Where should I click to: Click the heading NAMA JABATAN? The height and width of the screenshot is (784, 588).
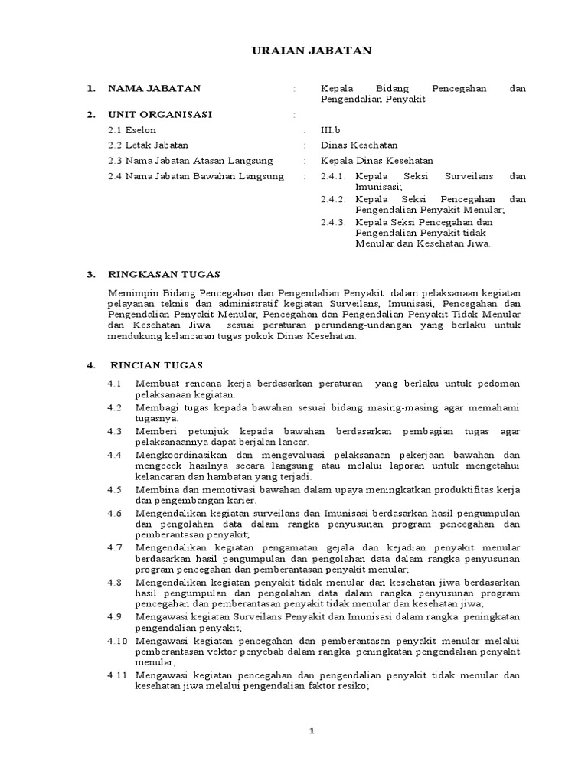pyautogui.click(x=154, y=89)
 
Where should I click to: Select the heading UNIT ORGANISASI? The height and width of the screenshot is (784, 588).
pyautogui.click(x=160, y=115)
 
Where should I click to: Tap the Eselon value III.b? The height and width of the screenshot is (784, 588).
pyautogui.click(x=331, y=130)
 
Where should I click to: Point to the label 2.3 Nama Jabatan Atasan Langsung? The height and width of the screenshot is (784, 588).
pyautogui.click(x=191, y=161)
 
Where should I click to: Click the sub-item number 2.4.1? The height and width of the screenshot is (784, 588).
pyautogui.click(x=334, y=176)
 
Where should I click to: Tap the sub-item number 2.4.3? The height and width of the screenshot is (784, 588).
pyautogui.click(x=334, y=222)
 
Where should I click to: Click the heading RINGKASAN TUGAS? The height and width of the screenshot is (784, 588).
pyautogui.click(x=164, y=273)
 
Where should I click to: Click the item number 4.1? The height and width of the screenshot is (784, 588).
pyautogui.click(x=115, y=384)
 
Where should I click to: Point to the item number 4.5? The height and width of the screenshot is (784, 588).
pyautogui.click(x=115, y=489)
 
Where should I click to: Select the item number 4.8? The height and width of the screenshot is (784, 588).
pyautogui.click(x=115, y=583)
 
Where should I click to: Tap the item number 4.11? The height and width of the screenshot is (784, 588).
pyautogui.click(x=117, y=675)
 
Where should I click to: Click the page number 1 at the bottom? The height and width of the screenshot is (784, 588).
pyautogui.click(x=312, y=731)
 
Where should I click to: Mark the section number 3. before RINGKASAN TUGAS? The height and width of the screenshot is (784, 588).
pyautogui.click(x=90, y=273)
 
